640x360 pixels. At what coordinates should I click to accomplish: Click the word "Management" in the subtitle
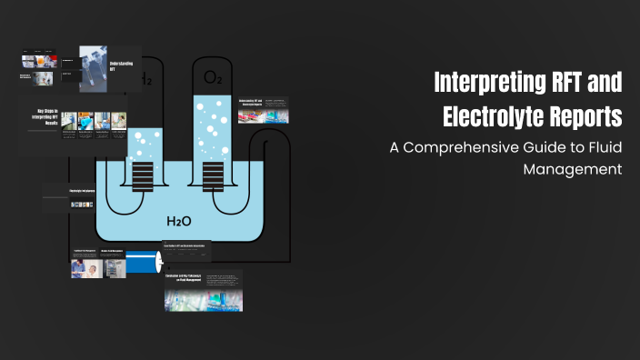[x=579, y=168]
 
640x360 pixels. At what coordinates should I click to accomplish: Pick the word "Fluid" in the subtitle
[x=602, y=147]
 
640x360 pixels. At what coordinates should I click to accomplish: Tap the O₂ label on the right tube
[x=212, y=78]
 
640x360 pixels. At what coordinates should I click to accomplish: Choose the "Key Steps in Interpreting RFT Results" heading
[x=42, y=120]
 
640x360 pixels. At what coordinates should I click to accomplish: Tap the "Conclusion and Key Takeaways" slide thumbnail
[x=204, y=290]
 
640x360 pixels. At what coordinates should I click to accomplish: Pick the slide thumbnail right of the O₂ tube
[x=263, y=110]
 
